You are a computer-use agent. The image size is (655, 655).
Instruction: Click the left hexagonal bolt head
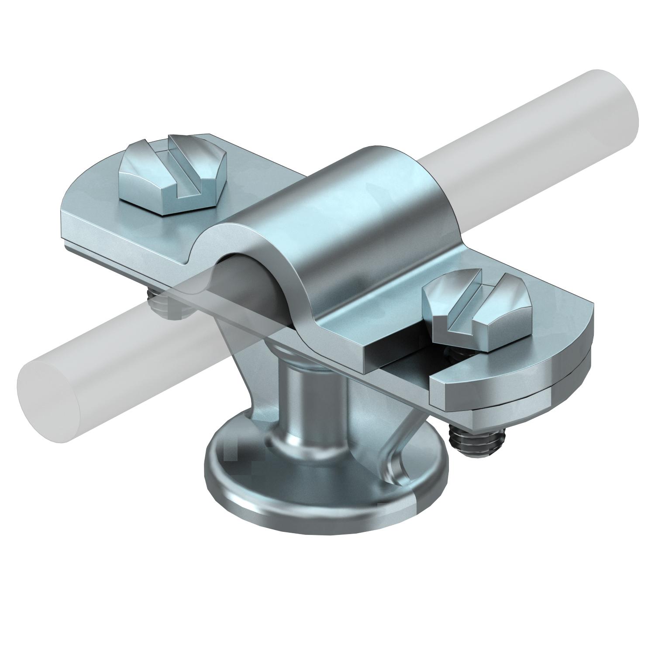[172, 175]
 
